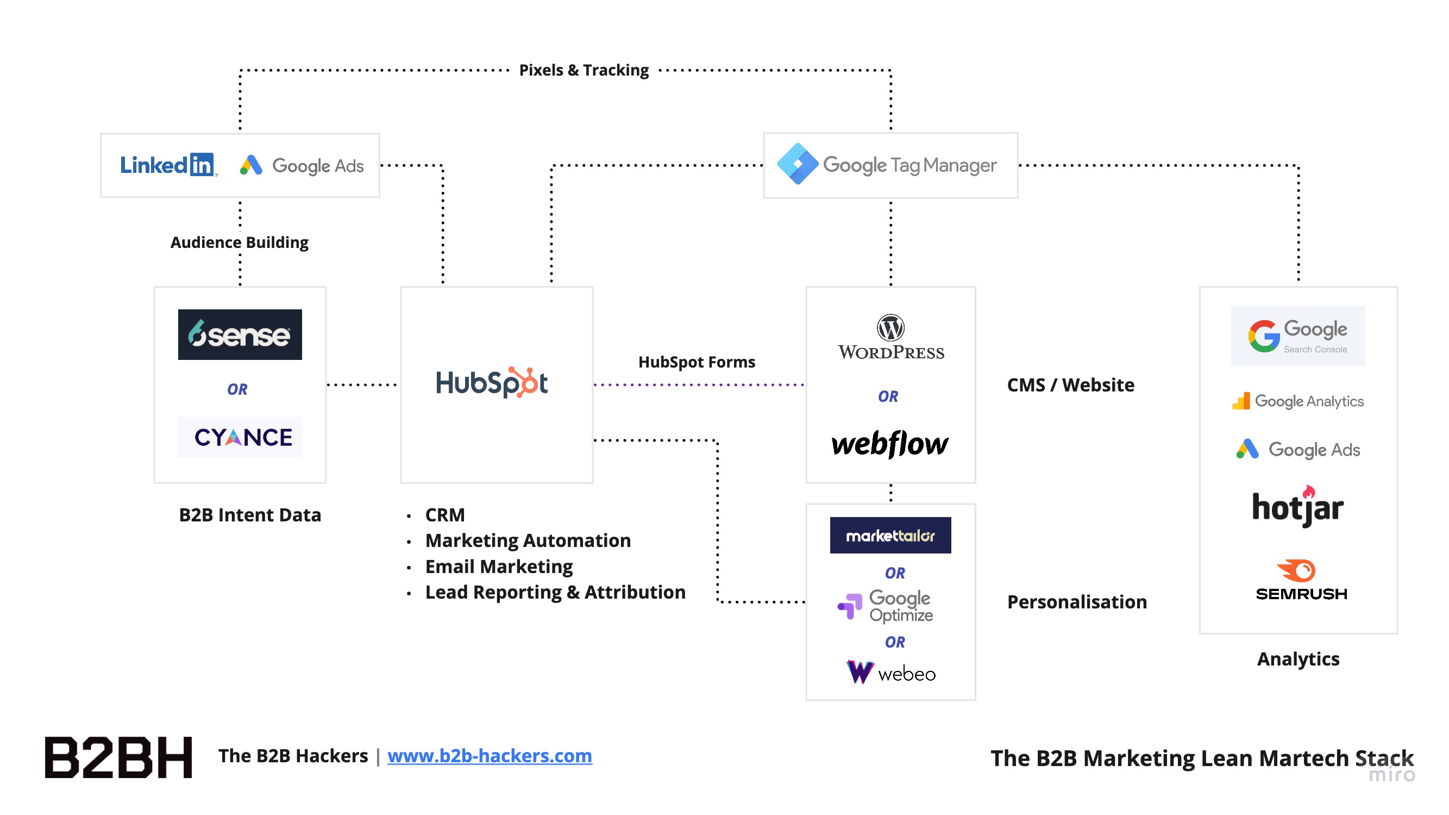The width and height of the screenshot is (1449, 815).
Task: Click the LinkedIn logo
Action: pyautogui.click(x=167, y=165)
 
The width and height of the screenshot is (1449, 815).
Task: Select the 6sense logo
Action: pyautogui.click(x=240, y=334)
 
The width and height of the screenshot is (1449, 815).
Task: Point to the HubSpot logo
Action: pyautogui.click(x=491, y=383)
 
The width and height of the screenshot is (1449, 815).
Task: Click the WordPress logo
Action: pyautogui.click(x=890, y=337)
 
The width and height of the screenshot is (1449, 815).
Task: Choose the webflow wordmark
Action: pyautogui.click(x=890, y=444)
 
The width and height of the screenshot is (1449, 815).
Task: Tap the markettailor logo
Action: pyautogui.click(x=890, y=535)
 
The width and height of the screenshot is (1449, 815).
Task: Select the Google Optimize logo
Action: pyautogui.click(x=886, y=606)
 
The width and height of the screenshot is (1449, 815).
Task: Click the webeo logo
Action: pyautogui.click(x=890, y=673)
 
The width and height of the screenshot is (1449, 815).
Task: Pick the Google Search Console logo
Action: pyautogui.click(x=1297, y=336)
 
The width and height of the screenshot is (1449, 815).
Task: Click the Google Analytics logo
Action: pyautogui.click(x=1297, y=401)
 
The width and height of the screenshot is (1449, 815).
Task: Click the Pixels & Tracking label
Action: pyautogui.click(x=584, y=70)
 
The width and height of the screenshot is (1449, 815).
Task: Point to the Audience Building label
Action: pyautogui.click(x=239, y=242)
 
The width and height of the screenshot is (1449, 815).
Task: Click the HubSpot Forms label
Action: pyautogui.click(x=697, y=362)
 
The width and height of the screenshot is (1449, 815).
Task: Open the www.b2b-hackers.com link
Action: pyautogui.click(x=490, y=756)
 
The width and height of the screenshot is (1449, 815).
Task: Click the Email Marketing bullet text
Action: pyautogui.click(x=498, y=567)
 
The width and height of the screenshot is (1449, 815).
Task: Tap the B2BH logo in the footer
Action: pyautogui.click(x=118, y=757)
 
